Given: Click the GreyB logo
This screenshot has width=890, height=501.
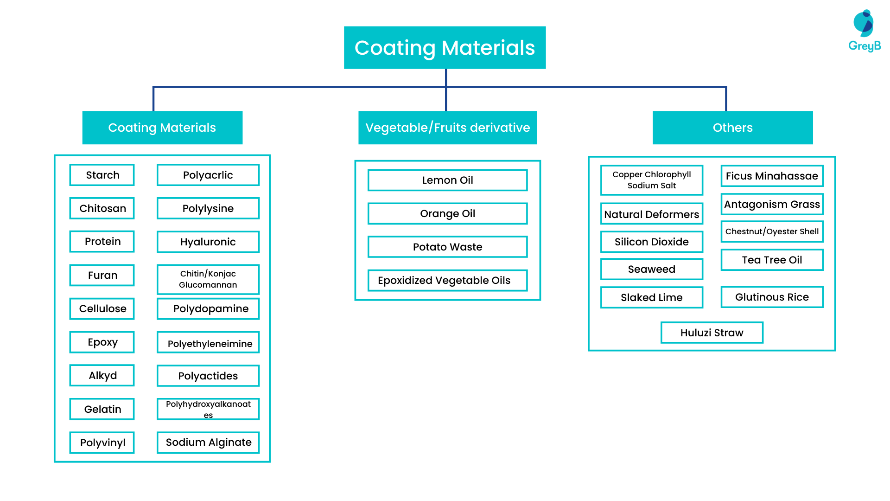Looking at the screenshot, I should pyautogui.click(x=864, y=31).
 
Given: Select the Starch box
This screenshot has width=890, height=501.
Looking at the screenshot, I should pyautogui.click(x=102, y=175).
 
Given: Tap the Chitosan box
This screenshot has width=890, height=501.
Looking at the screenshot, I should pyautogui.click(x=102, y=208).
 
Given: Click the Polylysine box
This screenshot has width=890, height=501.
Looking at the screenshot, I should pyautogui.click(x=208, y=208).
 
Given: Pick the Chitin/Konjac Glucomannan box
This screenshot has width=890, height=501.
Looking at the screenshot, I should pyautogui.click(x=208, y=279).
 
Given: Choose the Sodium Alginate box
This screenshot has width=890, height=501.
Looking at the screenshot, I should pyautogui.click(x=208, y=443).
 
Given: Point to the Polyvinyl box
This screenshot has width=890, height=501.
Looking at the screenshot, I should pyautogui.click(x=102, y=443).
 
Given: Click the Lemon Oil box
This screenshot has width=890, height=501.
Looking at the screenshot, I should pyautogui.click(x=447, y=180).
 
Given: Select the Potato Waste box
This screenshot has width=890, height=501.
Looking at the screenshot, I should pyautogui.click(x=447, y=247).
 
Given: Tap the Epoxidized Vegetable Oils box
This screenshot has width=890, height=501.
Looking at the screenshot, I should pyautogui.click(x=447, y=280).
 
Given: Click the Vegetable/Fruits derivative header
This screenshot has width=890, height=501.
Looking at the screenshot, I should pyautogui.click(x=447, y=128).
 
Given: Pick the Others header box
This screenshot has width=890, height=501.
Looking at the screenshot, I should pyautogui.click(x=732, y=128).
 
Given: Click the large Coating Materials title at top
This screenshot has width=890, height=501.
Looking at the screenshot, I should pyautogui.click(x=445, y=48).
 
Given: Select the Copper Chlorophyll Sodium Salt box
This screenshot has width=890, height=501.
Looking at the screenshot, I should pyautogui.click(x=651, y=180).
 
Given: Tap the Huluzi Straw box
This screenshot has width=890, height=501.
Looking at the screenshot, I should pyautogui.click(x=712, y=333).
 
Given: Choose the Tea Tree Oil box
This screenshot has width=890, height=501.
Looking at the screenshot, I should pyautogui.click(x=772, y=260).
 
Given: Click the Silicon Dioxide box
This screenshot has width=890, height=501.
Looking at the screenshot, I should pyautogui.click(x=651, y=242).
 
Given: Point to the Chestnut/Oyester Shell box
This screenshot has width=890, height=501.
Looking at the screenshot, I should pyautogui.click(x=772, y=231).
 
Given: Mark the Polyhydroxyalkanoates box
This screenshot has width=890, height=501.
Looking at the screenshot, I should pyautogui.click(x=208, y=409).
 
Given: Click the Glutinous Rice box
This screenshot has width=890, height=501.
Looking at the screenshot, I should pyautogui.click(x=772, y=297).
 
